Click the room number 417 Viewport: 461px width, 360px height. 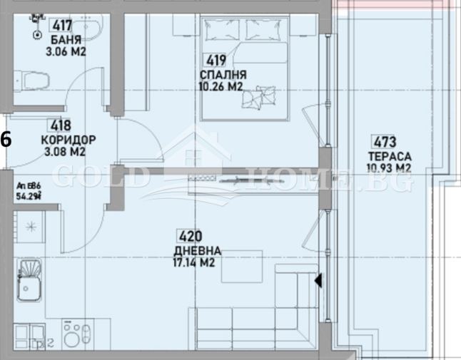(x=63, y=26)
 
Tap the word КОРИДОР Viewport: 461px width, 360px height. (x=68, y=140)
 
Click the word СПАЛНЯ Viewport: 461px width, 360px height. (x=224, y=74)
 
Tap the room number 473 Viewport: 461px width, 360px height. (x=378, y=141)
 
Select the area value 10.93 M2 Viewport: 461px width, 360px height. (x=388, y=168)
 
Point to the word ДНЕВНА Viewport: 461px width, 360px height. (x=196, y=251)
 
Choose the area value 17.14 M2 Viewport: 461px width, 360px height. (x=195, y=263)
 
